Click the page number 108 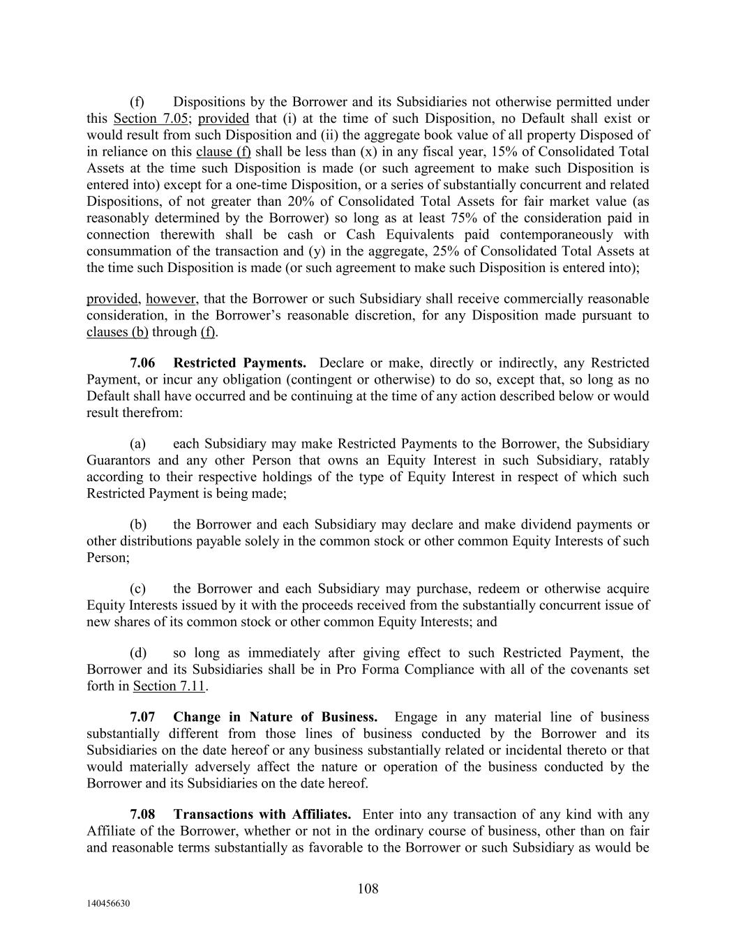368,889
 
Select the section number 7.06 143,363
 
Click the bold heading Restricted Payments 239,363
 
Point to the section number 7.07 143,717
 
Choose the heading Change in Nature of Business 275,717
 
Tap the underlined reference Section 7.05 150,119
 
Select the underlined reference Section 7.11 169,686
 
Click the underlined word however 171,299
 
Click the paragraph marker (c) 138,589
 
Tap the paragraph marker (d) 138,653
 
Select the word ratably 629,460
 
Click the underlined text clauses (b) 117,332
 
